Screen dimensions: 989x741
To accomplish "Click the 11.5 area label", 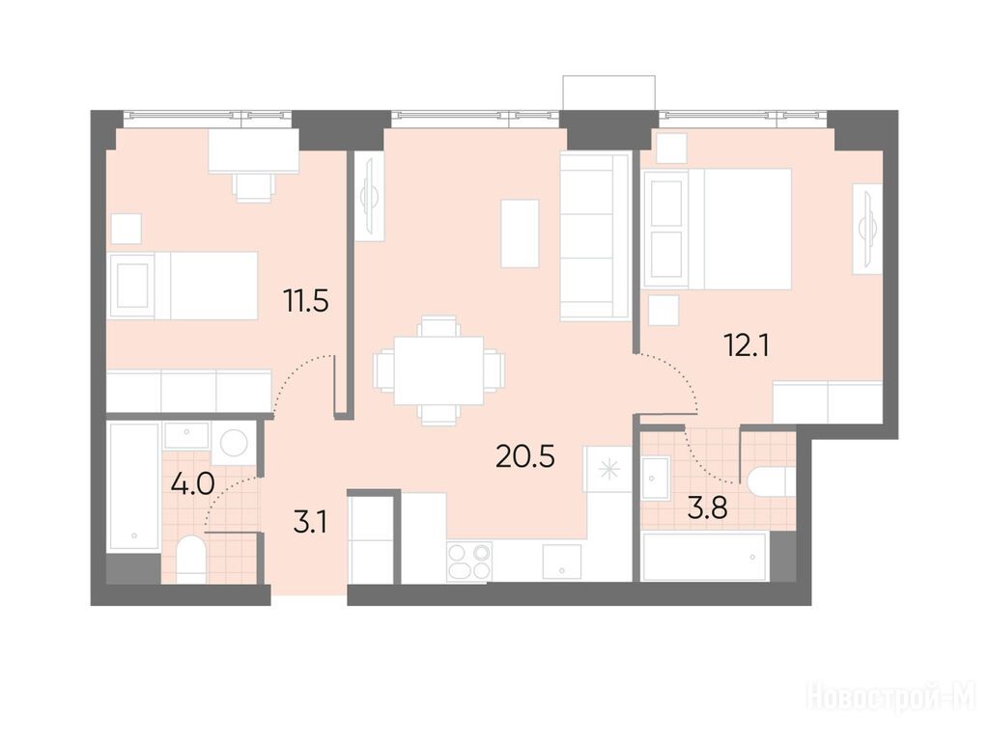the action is click(x=306, y=301).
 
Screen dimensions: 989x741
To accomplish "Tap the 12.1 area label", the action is click(x=747, y=346).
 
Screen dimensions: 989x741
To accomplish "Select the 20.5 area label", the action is click(x=525, y=456).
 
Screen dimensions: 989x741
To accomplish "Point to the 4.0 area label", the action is click(x=193, y=484).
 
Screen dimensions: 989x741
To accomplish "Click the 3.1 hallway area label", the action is click(x=310, y=523).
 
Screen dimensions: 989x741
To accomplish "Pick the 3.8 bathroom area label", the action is click(x=708, y=508).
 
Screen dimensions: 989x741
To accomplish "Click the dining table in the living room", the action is click(x=439, y=370).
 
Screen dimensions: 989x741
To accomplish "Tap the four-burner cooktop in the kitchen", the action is click(x=469, y=561).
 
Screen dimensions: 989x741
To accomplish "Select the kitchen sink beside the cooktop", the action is click(x=561, y=561).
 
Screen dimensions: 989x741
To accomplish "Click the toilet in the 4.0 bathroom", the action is click(x=190, y=559).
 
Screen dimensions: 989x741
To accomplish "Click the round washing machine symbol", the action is click(x=234, y=443).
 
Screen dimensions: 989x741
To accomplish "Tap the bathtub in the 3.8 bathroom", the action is click(x=704, y=557).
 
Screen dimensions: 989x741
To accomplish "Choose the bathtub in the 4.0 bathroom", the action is click(x=133, y=486).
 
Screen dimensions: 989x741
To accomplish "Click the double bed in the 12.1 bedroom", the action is click(x=718, y=229).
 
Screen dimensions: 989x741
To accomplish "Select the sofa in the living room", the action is click(x=595, y=236).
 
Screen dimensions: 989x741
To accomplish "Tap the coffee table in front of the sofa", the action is click(x=520, y=233).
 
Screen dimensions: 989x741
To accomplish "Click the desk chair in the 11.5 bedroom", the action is click(x=254, y=186).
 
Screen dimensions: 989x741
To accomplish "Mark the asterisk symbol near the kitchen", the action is click(x=609, y=470).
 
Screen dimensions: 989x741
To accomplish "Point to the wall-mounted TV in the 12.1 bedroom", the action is click(x=868, y=229).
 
